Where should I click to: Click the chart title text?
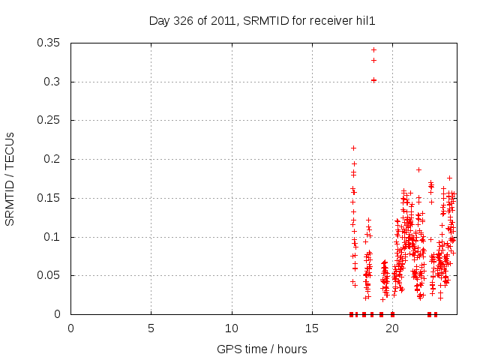pos(262,21)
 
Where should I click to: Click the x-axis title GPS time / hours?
pos(262,349)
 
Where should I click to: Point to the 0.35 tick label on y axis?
pos(49,43)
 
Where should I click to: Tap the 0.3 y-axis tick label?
pos(52,82)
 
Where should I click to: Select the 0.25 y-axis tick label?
pos(49,120)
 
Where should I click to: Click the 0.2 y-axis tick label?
pos(52,159)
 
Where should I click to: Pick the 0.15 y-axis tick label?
pos(49,198)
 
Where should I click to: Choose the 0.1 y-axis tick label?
pos(52,237)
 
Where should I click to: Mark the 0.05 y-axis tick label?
pos(49,275)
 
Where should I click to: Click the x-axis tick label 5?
pos(151,328)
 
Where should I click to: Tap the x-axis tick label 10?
pos(232,328)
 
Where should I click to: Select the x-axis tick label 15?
pos(312,328)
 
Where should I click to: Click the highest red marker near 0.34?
pos(373,49)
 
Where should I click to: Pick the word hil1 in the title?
pos(365,21)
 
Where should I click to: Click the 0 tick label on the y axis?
pos(58,314)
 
